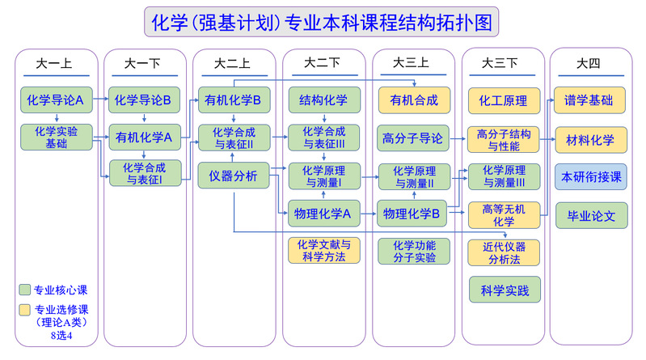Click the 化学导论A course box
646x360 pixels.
coord(56,101)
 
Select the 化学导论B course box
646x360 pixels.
coord(142,101)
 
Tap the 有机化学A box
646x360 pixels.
coord(142,137)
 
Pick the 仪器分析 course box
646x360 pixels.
coord(233,176)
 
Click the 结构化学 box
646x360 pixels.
coord(323,101)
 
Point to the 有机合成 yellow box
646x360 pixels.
coord(413,101)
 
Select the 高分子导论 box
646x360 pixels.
coord(413,138)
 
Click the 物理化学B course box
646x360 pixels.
coord(413,214)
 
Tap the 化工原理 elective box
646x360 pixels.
coord(503,101)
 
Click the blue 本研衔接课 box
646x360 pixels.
coord(590,176)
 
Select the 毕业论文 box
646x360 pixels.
coord(590,215)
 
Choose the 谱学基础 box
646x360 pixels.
coord(590,101)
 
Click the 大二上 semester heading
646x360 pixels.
coord(232,62)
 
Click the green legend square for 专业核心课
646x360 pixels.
coord(25,290)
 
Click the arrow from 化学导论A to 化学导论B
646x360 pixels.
coord(100,101)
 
